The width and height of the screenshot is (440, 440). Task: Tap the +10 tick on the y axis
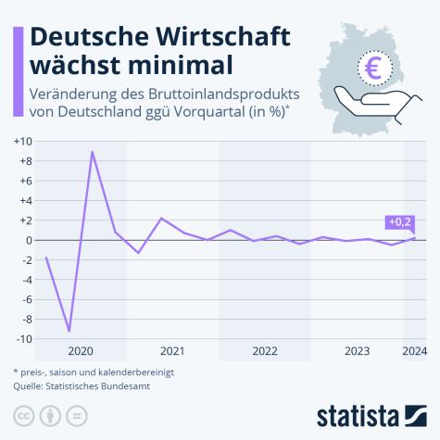pos(22,141)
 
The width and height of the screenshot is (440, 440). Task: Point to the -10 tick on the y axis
pos(22,339)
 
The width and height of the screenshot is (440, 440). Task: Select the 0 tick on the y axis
pos(28,240)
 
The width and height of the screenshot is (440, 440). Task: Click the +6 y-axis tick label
pos(24,181)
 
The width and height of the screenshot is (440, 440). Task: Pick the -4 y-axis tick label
pos(25,280)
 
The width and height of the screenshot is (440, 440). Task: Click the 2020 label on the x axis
pos(81,351)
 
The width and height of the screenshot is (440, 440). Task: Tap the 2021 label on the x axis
pos(172,351)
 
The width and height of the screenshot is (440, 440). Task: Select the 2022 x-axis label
pos(265,351)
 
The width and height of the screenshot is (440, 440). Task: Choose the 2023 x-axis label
pos(358,351)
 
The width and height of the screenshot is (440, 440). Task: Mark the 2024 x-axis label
pos(414,351)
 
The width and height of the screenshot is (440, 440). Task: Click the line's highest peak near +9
pos(92,151)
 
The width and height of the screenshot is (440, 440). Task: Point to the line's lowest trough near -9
pos(69,331)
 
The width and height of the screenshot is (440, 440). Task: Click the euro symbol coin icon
pos(375,67)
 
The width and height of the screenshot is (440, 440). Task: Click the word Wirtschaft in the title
pos(215,36)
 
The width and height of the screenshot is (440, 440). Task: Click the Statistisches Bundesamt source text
pos(104,385)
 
